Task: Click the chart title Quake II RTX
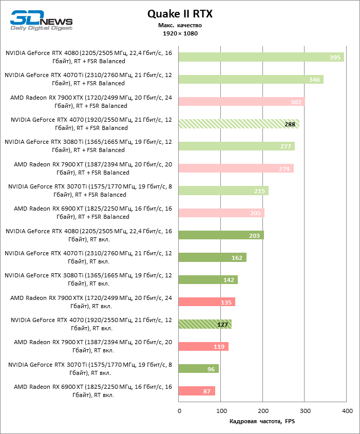coord(180,14)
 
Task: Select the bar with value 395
coord(261,57)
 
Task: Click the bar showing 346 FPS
coord(251,80)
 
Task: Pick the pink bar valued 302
coord(241,102)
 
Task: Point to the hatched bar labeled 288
coord(239,124)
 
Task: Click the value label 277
coord(286,146)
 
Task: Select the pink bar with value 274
coord(236,168)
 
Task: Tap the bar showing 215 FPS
coord(223,191)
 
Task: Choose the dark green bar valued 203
coord(221,235)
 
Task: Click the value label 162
coord(237,257)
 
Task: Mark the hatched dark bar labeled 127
coord(205,324)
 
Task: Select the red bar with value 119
coord(203,347)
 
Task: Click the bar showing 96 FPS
coord(198,369)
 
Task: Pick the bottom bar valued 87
coord(197,391)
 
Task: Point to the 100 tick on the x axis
coord(221,411)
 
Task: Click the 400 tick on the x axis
coord(347,411)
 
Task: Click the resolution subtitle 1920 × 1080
coord(180,33)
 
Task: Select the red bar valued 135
coord(206,302)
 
